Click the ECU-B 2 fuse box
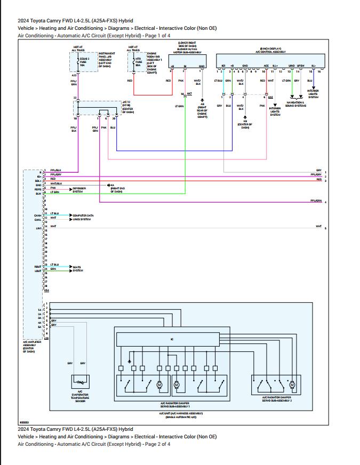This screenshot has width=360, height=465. pos(78,62)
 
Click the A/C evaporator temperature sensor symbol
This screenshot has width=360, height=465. pos(81,382)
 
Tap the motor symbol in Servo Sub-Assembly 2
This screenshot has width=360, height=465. pos(292,384)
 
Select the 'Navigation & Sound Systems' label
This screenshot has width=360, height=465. pos(296,103)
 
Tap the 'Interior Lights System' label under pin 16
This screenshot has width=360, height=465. pos(313,94)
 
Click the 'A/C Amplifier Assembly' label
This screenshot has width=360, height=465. pos(29,347)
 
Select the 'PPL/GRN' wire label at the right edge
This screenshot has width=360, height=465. pos(316,201)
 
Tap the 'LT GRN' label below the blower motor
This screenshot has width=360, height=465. pos(179,107)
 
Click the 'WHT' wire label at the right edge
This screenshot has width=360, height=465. pos(318,226)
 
